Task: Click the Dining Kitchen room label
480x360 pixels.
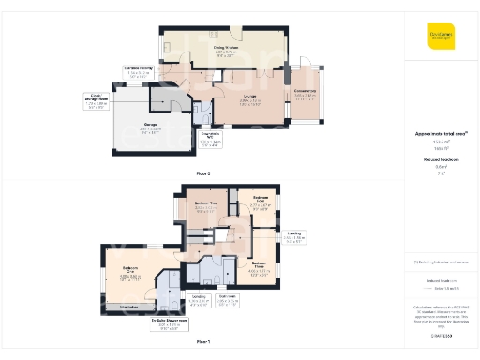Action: tap(224, 50)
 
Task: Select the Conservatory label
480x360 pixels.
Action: tap(307, 93)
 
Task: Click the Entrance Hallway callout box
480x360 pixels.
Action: tap(139, 71)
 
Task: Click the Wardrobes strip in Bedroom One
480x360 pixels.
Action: tap(130, 306)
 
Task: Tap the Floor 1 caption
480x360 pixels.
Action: tap(203, 343)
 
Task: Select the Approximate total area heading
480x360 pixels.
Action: tap(441, 134)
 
